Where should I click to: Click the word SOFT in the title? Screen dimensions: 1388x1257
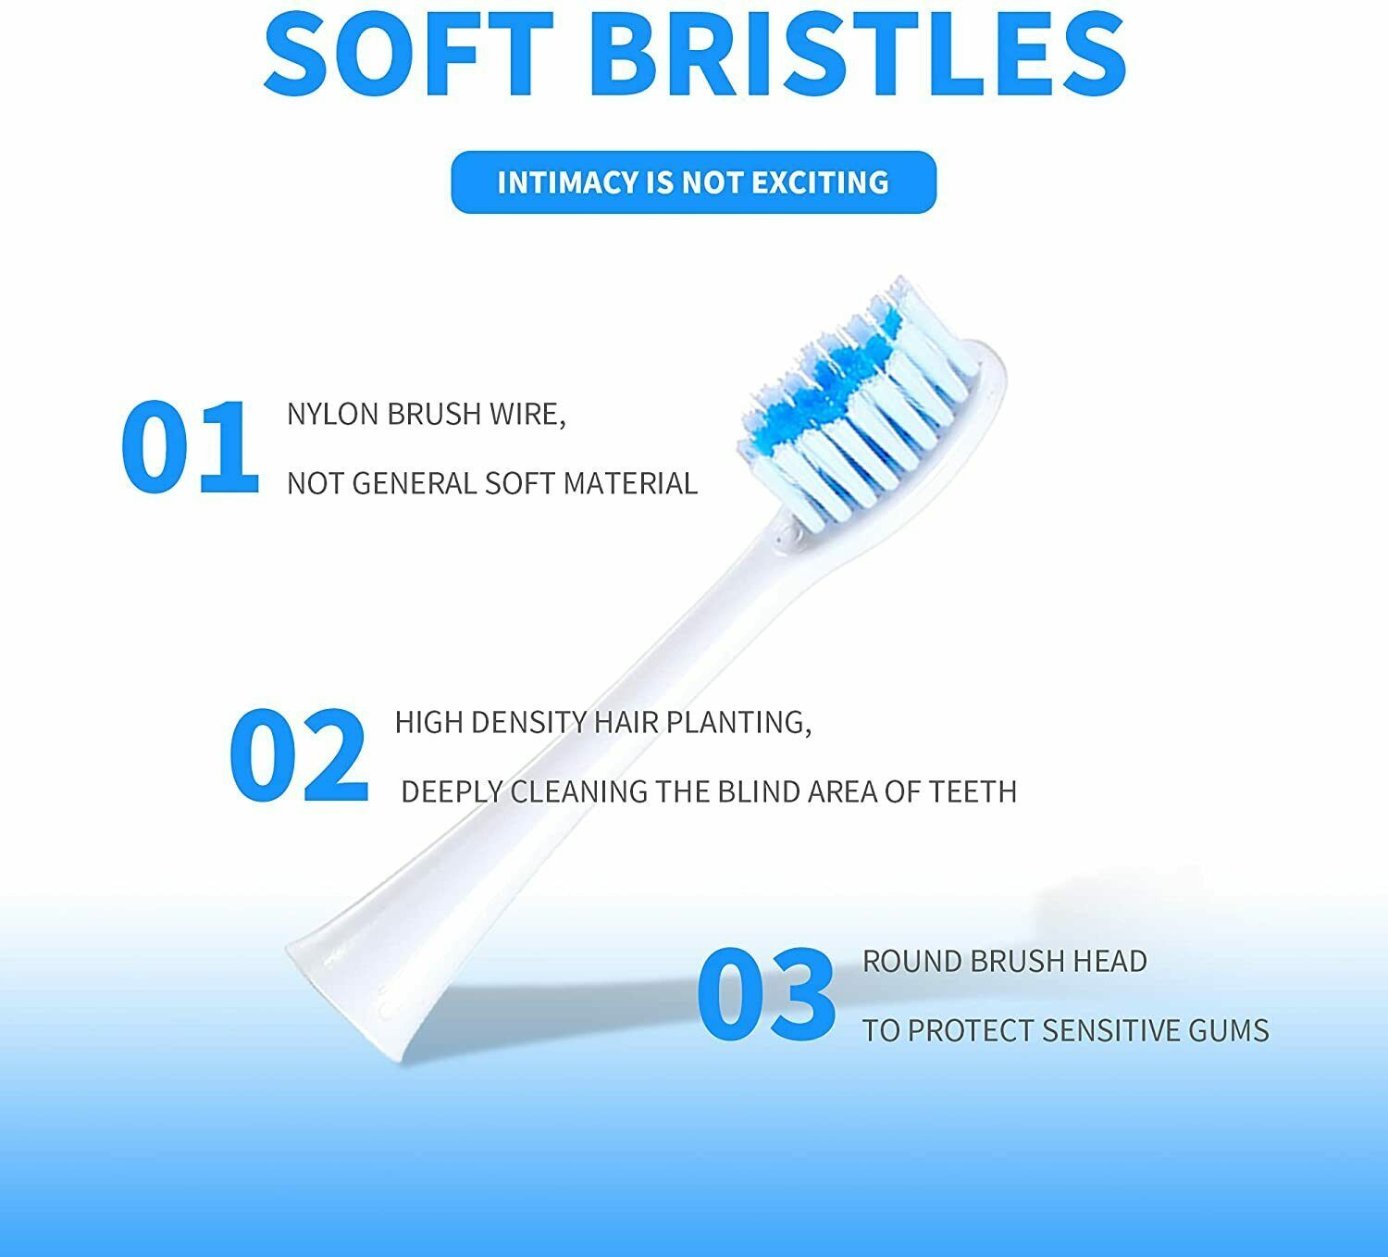(409, 53)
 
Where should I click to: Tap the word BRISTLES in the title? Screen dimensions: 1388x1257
(858, 53)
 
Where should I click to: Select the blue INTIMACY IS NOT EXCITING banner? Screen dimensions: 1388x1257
(693, 182)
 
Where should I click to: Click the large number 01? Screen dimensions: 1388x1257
(190, 446)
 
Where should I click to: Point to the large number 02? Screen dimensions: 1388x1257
(298, 754)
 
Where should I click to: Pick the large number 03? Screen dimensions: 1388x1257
(766, 994)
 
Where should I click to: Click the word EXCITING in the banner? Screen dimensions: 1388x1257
(819, 182)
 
